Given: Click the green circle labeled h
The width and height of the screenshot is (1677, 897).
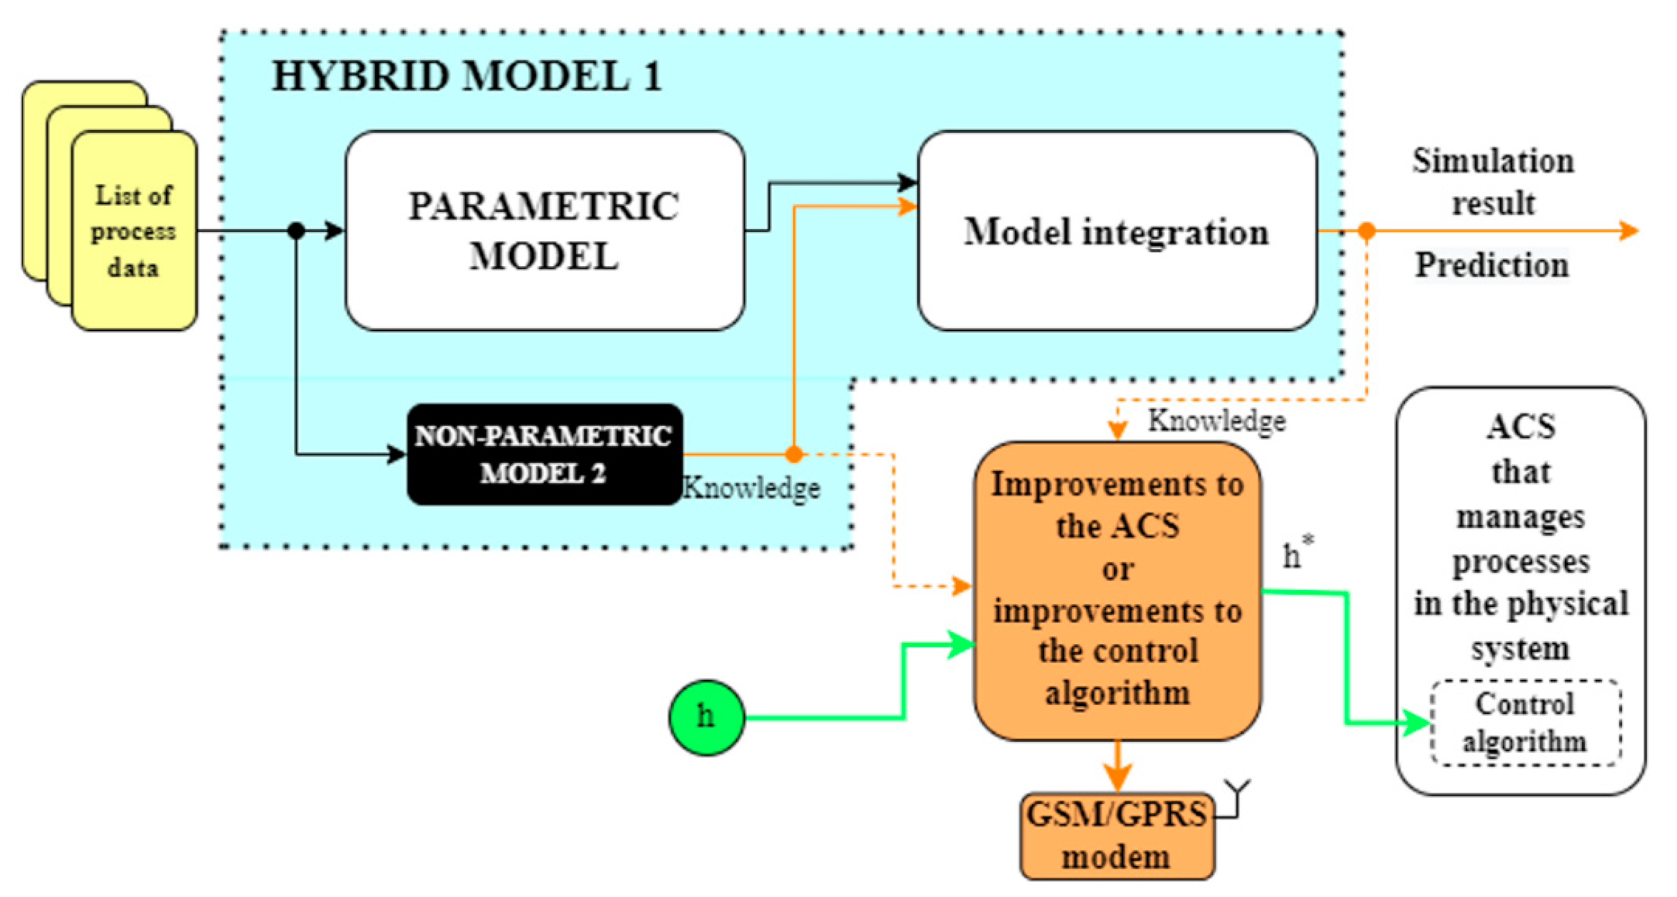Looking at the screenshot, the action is tap(706, 717).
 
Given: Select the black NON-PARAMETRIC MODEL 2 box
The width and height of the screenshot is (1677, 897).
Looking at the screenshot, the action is tap(544, 455).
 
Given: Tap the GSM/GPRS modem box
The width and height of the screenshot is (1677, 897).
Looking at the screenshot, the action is tap(1117, 836).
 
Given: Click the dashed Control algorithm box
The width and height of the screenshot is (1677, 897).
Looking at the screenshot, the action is tap(1524, 722).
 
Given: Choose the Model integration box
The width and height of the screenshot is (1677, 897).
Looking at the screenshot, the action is tap(1118, 231).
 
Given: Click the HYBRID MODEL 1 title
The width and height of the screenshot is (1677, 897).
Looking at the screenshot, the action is tap(467, 76).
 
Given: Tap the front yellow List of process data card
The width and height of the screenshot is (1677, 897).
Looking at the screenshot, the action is tap(134, 231).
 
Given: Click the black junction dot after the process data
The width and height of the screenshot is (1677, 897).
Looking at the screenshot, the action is tap(296, 231).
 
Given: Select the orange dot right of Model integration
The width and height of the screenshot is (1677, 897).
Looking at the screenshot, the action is tap(1366, 231).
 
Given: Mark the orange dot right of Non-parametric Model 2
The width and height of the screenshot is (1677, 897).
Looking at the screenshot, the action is tap(794, 455).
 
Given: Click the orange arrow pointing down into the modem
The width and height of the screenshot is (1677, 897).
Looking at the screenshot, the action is tap(1118, 766).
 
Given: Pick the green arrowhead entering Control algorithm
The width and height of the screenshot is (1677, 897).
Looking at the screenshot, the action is tap(1415, 722).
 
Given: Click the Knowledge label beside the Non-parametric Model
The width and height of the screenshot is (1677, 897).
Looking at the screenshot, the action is tap(751, 488).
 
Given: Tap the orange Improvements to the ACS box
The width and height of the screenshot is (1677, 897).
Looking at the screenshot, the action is tap(1118, 591).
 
